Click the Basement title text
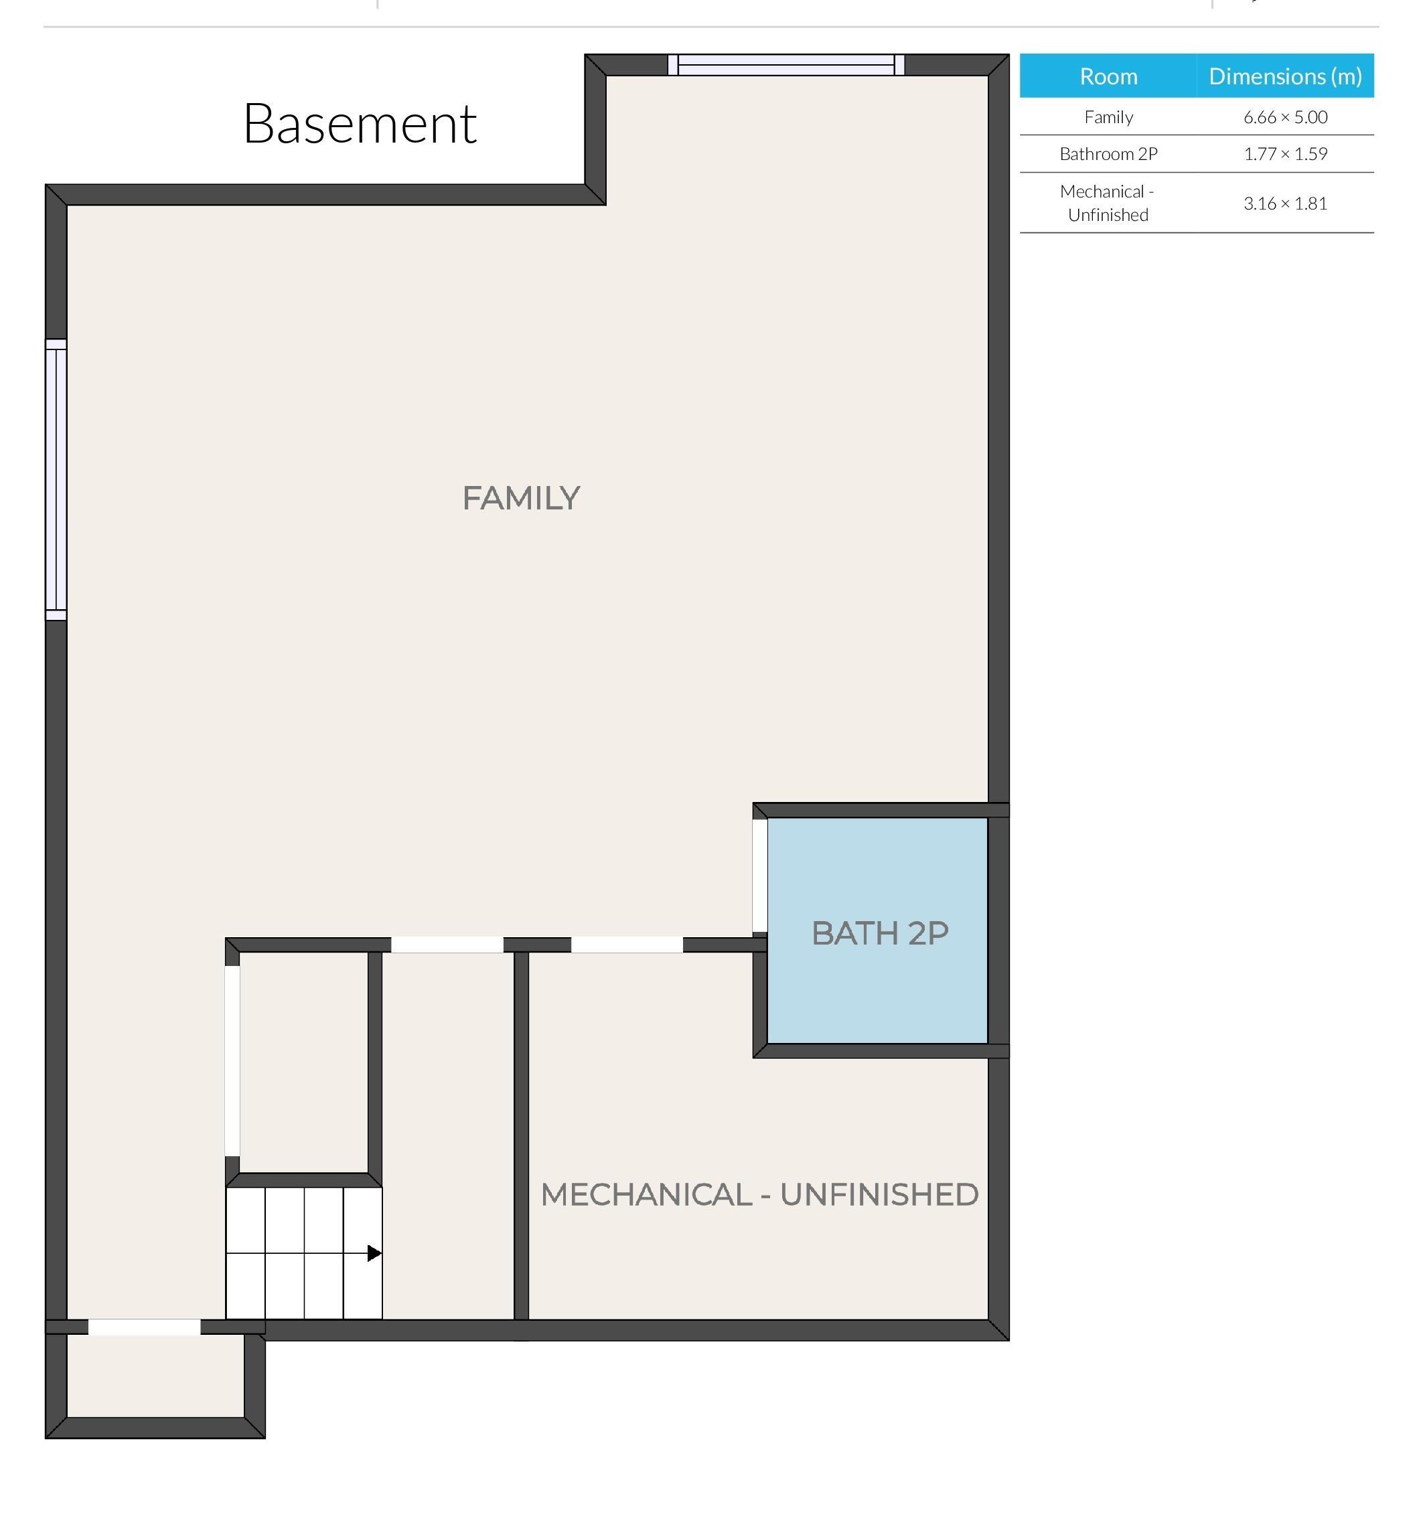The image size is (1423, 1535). [360, 123]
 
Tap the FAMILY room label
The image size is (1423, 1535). [521, 498]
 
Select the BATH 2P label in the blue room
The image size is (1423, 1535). [879, 933]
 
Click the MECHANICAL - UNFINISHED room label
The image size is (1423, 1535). [759, 1195]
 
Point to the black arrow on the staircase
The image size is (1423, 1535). [374, 1253]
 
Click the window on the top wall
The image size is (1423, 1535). [785, 65]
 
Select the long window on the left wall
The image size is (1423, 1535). [56, 479]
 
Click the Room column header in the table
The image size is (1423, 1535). [1108, 76]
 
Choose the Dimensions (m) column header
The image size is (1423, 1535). [1284, 76]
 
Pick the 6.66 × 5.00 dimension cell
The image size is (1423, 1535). [1284, 117]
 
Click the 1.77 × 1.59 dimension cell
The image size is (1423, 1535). [1284, 154]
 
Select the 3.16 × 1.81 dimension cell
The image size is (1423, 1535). [1284, 204]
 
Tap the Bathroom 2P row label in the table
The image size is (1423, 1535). [1108, 154]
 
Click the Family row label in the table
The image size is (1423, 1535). [1108, 117]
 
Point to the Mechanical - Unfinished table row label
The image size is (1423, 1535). [1108, 204]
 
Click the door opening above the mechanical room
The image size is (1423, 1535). [627, 945]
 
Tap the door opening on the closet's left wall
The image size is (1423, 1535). [232, 1061]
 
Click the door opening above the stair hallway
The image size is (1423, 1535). [447, 945]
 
